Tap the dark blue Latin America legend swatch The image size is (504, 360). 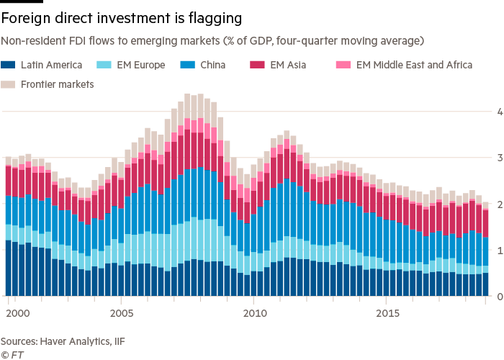[x=8, y=65]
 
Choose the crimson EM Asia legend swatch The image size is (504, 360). [x=257, y=65]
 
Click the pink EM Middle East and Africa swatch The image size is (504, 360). [x=343, y=65]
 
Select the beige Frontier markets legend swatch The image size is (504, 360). [x=8, y=84]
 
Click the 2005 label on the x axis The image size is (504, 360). [x=122, y=313]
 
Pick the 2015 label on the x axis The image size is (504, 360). [x=389, y=313]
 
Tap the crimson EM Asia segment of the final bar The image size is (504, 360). [x=485, y=223]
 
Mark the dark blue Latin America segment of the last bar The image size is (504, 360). [x=485, y=284]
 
